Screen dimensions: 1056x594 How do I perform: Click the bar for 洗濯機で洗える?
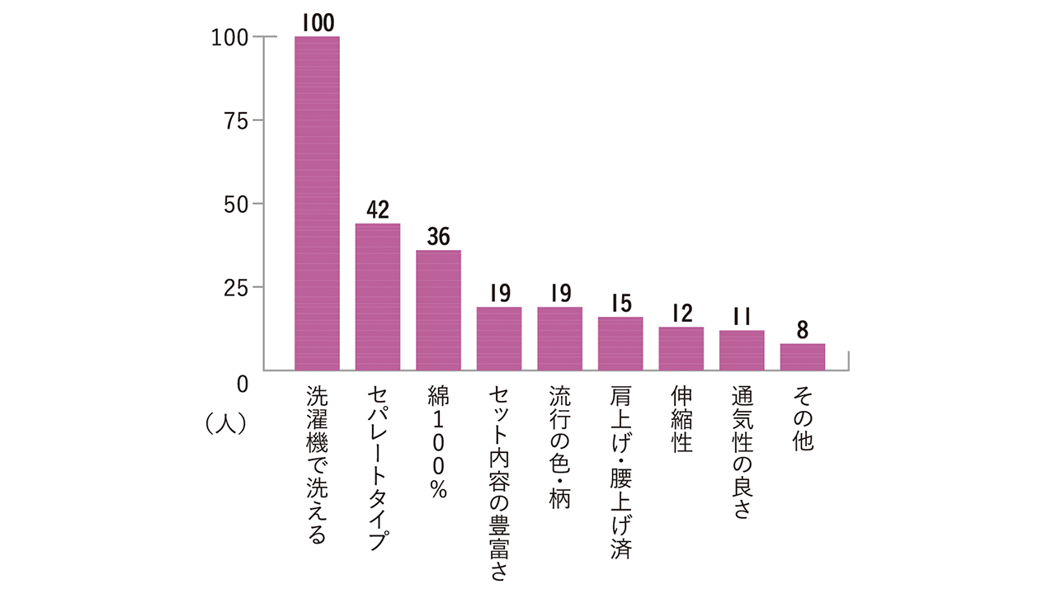coord(317,203)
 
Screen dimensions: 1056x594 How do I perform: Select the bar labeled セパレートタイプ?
coord(378,297)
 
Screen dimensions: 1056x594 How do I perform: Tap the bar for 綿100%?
coord(438,310)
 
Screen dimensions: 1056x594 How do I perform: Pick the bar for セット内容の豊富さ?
coord(499,338)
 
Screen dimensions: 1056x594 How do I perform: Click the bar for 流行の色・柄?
coord(559,338)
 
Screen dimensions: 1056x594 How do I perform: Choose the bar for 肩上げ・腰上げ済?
coord(620,344)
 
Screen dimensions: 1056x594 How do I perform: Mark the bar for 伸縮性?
coord(681,349)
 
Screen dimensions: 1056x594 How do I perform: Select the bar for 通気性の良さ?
coord(742,351)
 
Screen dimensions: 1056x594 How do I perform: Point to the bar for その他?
coord(803,357)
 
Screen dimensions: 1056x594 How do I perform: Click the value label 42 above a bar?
coord(378,210)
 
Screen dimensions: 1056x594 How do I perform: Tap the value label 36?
coord(438,236)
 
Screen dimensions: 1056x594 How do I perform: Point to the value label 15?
coord(621,303)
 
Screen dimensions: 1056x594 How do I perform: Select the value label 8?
coord(803,330)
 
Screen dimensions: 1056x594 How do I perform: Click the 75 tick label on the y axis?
coord(236,121)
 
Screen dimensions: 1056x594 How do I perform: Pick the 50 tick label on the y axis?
coord(236,205)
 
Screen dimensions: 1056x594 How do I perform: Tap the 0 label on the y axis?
coord(243,384)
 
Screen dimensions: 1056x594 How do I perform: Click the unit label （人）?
coord(226,423)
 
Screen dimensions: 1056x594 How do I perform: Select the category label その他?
coord(803,418)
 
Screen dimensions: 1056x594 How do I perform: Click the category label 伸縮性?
coord(681,419)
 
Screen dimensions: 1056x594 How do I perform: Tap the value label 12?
coord(682,313)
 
